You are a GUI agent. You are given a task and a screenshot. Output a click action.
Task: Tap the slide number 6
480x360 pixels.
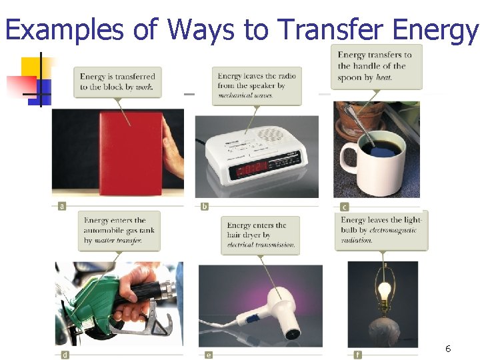point(448,349)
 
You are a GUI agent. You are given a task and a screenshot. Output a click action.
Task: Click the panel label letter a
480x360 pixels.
point(62,206)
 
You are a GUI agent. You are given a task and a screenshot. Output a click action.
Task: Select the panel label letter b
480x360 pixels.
point(205,206)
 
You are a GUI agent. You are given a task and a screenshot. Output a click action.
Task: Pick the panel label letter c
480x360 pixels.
point(345,206)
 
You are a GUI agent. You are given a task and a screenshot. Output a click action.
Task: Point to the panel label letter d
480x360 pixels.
point(65,355)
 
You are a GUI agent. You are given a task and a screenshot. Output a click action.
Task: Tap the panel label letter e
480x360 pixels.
point(209,355)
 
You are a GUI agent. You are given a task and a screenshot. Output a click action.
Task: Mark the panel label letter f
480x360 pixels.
point(359,354)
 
